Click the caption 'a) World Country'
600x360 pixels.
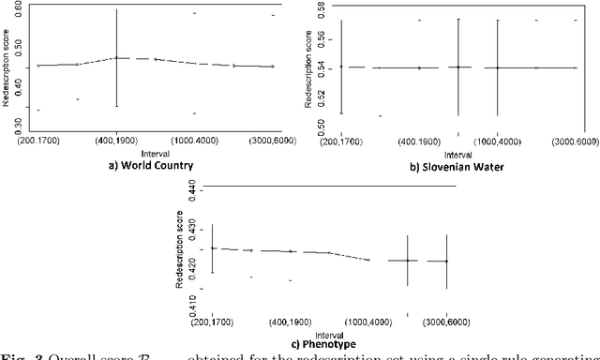(150, 165)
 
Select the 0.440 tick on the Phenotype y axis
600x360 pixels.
(193, 188)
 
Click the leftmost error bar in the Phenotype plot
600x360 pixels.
(213, 248)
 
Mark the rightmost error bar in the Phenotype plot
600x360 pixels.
(446, 262)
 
